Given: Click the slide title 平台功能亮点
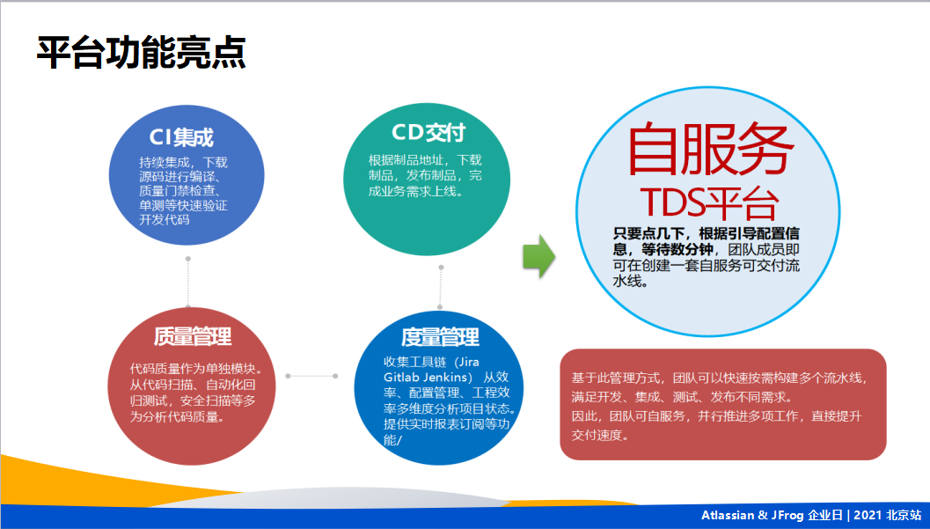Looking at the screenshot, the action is [141, 53].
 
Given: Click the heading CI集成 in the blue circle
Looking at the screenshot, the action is [181, 137].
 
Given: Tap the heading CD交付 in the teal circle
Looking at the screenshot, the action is [428, 132].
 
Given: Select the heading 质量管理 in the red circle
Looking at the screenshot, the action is [193, 336].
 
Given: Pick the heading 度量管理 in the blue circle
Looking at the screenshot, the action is [440, 337].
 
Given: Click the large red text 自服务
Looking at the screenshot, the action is [707, 150].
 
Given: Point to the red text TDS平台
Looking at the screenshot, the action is [708, 202].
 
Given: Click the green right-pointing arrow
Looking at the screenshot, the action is [538, 256].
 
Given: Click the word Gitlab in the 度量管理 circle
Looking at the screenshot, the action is [379, 376].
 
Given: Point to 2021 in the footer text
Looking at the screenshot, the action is [868, 516].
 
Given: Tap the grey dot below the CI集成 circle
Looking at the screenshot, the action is [188, 259].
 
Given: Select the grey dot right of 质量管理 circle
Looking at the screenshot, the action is [335, 376].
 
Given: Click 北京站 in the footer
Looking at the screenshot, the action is [904, 516].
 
